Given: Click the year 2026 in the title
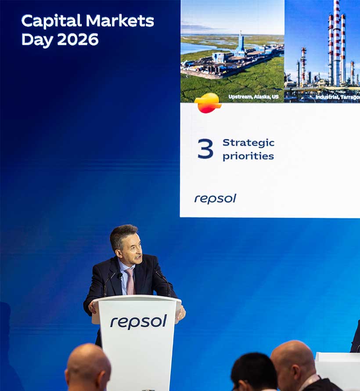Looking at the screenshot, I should click(78, 40).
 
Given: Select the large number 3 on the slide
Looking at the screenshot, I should click(205, 149).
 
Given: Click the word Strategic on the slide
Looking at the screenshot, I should click(248, 143).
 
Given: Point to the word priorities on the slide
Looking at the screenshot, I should click(248, 156).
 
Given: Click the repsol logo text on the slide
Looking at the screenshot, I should click(215, 199).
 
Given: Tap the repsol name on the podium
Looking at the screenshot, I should click(138, 321).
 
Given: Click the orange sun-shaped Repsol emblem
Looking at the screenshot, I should click(208, 103).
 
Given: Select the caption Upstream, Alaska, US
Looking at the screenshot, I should click(253, 97).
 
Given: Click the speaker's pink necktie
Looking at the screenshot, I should click(130, 282).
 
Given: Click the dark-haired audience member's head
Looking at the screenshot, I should click(254, 369).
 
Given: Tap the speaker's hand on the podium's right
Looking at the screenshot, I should click(181, 312).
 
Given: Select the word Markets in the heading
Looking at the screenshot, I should click(119, 21).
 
